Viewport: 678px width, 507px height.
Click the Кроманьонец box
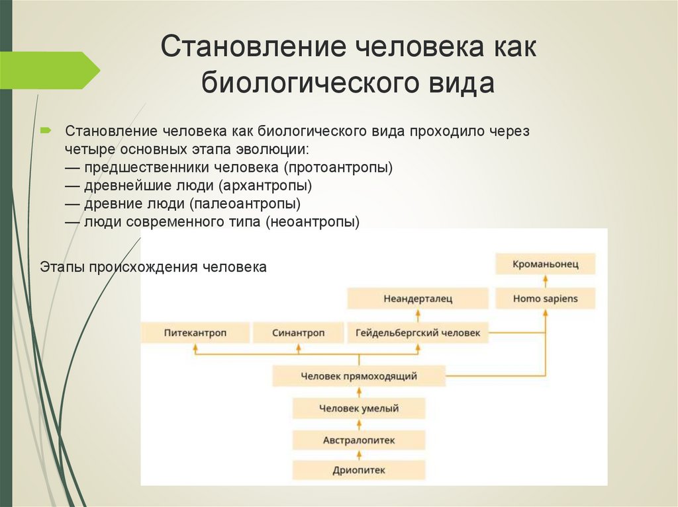click(546, 264)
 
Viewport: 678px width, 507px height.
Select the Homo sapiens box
click(546, 299)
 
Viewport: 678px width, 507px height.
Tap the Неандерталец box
click(417, 299)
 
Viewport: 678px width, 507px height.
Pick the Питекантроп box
click(195, 333)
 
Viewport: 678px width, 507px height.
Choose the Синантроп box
click(298, 333)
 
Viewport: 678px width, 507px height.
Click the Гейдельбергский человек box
click(417, 333)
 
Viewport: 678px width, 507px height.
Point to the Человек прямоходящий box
click(359, 376)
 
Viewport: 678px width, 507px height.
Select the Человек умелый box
click(359, 409)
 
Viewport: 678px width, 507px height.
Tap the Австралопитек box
click(359, 439)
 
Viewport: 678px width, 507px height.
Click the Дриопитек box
click(359, 470)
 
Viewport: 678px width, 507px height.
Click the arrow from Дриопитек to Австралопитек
click(359, 455)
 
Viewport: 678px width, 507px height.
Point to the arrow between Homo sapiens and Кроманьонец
click(546, 282)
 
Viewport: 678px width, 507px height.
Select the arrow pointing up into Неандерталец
click(417, 316)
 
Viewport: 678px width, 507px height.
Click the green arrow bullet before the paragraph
click(46, 130)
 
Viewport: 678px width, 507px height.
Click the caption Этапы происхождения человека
click(153, 268)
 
